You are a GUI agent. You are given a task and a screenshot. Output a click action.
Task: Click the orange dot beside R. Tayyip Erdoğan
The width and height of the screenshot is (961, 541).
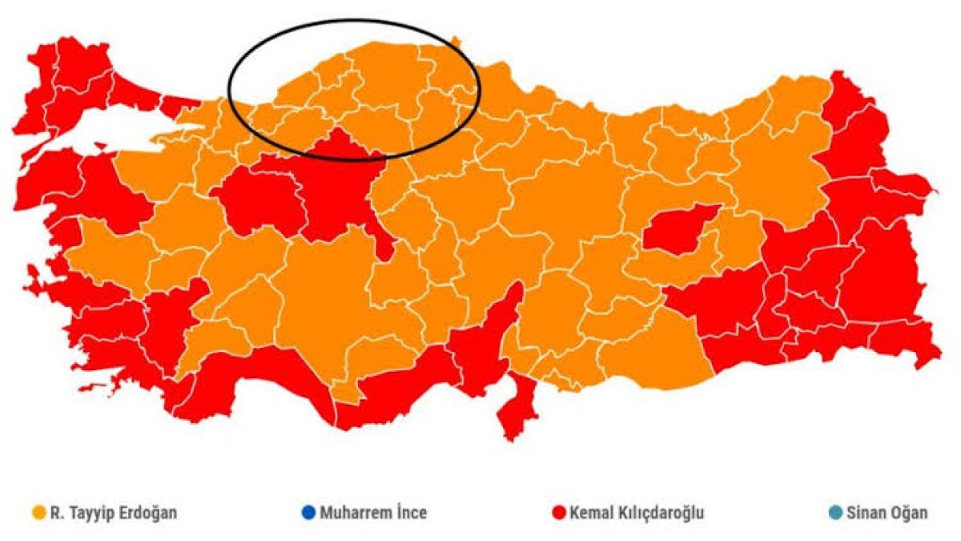[x=37, y=512]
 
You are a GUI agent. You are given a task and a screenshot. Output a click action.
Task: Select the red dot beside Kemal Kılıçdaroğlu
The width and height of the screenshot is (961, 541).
[x=559, y=512]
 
